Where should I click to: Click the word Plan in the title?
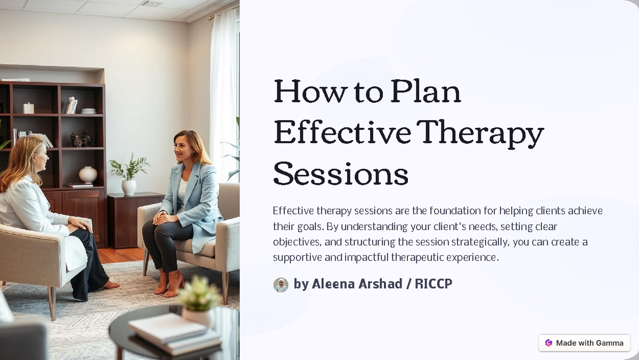tap(425, 92)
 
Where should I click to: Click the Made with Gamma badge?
tap(584, 343)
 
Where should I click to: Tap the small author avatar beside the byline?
tap(281, 284)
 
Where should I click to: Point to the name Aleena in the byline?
tap(335, 284)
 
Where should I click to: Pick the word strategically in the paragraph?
tap(480, 242)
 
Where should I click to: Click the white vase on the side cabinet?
tap(128, 186)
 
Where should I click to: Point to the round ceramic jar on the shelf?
tap(88, 175)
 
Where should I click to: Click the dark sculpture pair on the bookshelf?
tap(81, 139)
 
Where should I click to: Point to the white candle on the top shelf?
tap(28, 108)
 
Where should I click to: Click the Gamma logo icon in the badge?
tap(548, 343)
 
